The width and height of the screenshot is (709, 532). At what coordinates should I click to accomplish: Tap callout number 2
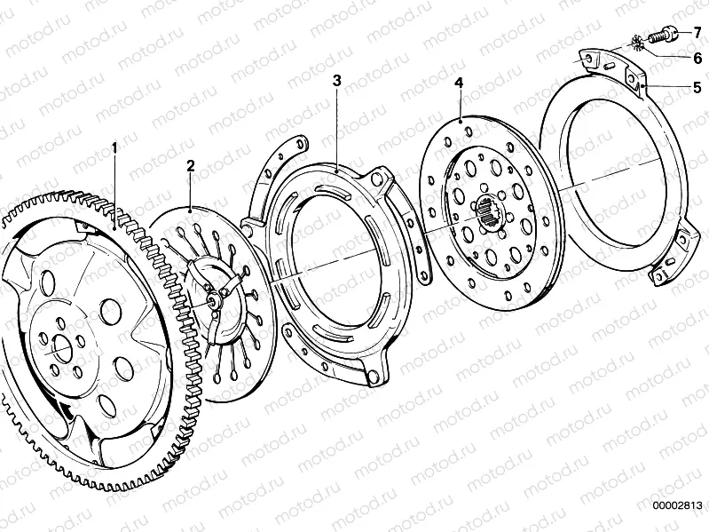190,165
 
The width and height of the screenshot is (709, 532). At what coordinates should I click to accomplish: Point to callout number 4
459,83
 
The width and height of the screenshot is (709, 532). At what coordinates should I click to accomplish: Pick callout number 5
697,87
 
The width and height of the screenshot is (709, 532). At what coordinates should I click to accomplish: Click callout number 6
697,59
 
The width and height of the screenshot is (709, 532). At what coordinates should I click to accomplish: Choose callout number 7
697,32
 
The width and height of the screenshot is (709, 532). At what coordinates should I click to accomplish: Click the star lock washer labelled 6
638,43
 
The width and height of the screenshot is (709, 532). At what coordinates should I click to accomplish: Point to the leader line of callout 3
338,124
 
